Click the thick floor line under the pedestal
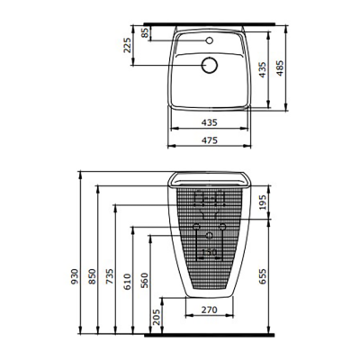tap(209, 334)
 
